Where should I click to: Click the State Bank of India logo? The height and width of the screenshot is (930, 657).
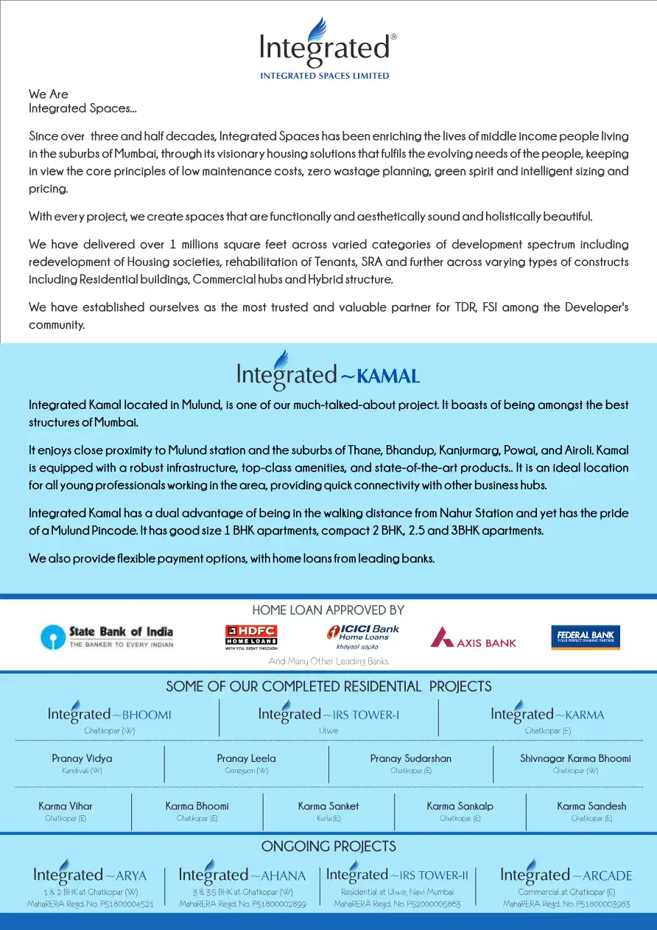tap(108, 637)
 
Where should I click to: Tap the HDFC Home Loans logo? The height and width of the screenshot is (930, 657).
tap(250, 637)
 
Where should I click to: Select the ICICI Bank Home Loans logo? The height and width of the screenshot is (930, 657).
tap(363, 637)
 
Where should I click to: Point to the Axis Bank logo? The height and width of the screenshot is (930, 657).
tap(474, 637)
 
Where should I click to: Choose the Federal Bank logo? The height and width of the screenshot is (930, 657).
tap(586, 637)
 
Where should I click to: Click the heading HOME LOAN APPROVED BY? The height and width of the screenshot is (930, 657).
tap(328, 610)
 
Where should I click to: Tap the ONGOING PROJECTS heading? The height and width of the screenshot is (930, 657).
tap(328, 845)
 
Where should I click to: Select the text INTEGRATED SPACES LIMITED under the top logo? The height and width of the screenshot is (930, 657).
tap(325, 76)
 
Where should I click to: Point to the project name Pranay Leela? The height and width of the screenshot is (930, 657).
tap(246, 758)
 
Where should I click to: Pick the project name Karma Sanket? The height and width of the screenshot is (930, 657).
tap(328, 806)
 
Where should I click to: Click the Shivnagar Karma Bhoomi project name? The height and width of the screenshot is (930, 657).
tap(575, 758)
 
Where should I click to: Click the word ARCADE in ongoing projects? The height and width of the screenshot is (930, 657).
tap(607, 876)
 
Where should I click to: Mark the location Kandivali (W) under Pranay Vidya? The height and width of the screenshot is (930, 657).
tap(82, 771)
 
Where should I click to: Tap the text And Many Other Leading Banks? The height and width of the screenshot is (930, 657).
tap(328, 661)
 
